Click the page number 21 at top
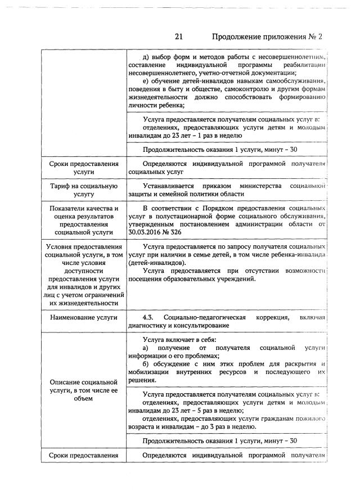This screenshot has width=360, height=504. click(x=179, y=37)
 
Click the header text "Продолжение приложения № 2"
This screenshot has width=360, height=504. click(x=268, y=37)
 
